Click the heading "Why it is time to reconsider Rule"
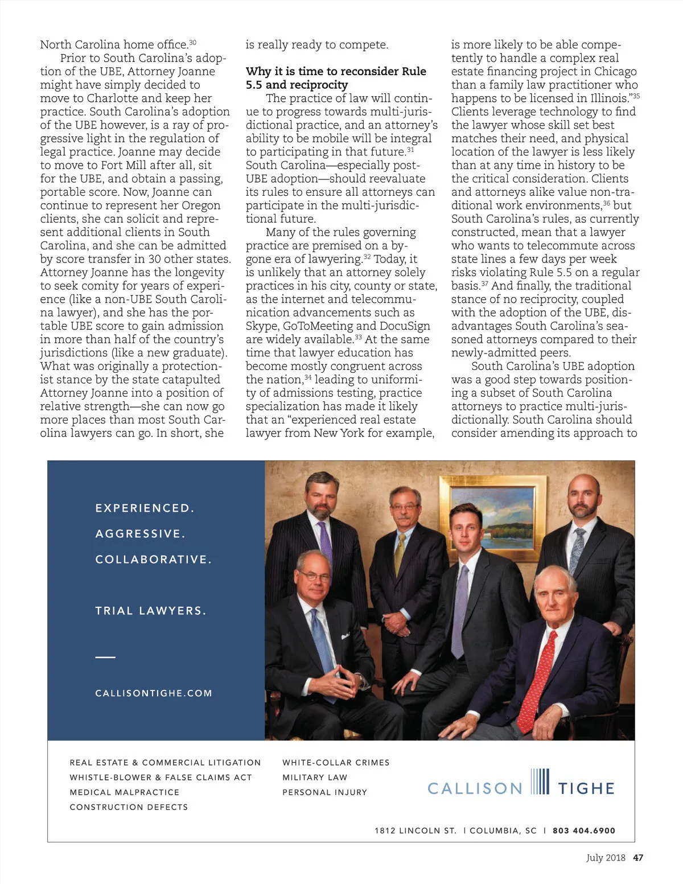pyautogui.click(x=336, y=72)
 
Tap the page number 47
pyautogui.click(x=638, y=858)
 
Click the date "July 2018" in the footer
pyautogui.click(x=606, y=858)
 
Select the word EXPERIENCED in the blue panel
pyautogui.click(x=145, y=508)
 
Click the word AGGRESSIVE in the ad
pyautogui.click(x=140, y=534)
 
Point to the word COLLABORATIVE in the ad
pyautogui.click(x=153, y=560)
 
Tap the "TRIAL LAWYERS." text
pyautogui.click(x=151, y=611)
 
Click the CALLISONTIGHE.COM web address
pyautogui.click(x=154, y=693)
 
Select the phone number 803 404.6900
pyautogui.click(x=584, y=830)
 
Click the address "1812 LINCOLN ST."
pyautogui.click(x=415, y=830)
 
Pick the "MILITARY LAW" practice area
pyautogui.click(x=315, y=778)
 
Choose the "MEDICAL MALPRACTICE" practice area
pyautogui.click(x=125, y=792)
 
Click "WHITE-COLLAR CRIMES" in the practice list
pyautogui.click(x=336, y=763)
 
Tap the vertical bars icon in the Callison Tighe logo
pyautogui.click(x=540, y=782)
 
